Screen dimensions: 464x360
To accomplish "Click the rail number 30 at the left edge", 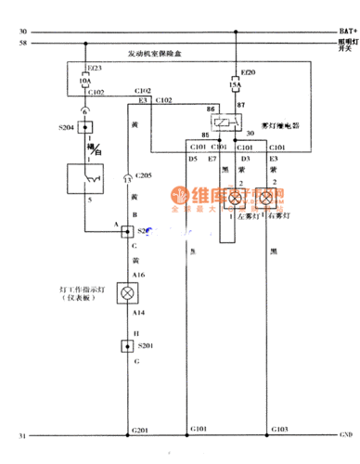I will pos(22,32).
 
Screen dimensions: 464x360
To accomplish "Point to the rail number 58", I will pos(22,44).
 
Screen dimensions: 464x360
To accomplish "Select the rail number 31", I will pos(22,434).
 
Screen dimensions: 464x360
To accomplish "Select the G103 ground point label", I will pos(279,428).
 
